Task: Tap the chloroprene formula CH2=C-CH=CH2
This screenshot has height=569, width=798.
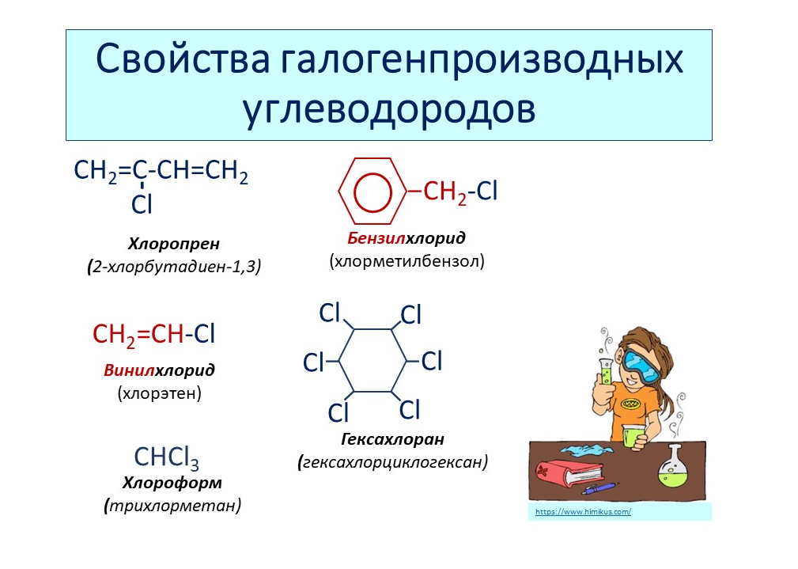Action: pos(161,171)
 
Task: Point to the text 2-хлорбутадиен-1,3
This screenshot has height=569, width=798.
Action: pos(176,267)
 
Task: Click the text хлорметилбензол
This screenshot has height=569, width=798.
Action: pos(407,260)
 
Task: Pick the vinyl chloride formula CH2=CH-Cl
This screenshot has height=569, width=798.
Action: pos(154,335)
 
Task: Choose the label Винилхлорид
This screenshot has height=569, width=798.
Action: pos(159,370)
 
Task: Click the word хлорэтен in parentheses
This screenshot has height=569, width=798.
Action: pos(159,392)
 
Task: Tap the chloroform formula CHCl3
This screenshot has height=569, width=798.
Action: pos(166,457)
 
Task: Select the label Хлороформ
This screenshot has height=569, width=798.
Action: pos(172,482)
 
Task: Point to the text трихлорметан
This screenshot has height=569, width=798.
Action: pos(172,505)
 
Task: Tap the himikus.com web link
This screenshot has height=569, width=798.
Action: pos(583,512)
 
